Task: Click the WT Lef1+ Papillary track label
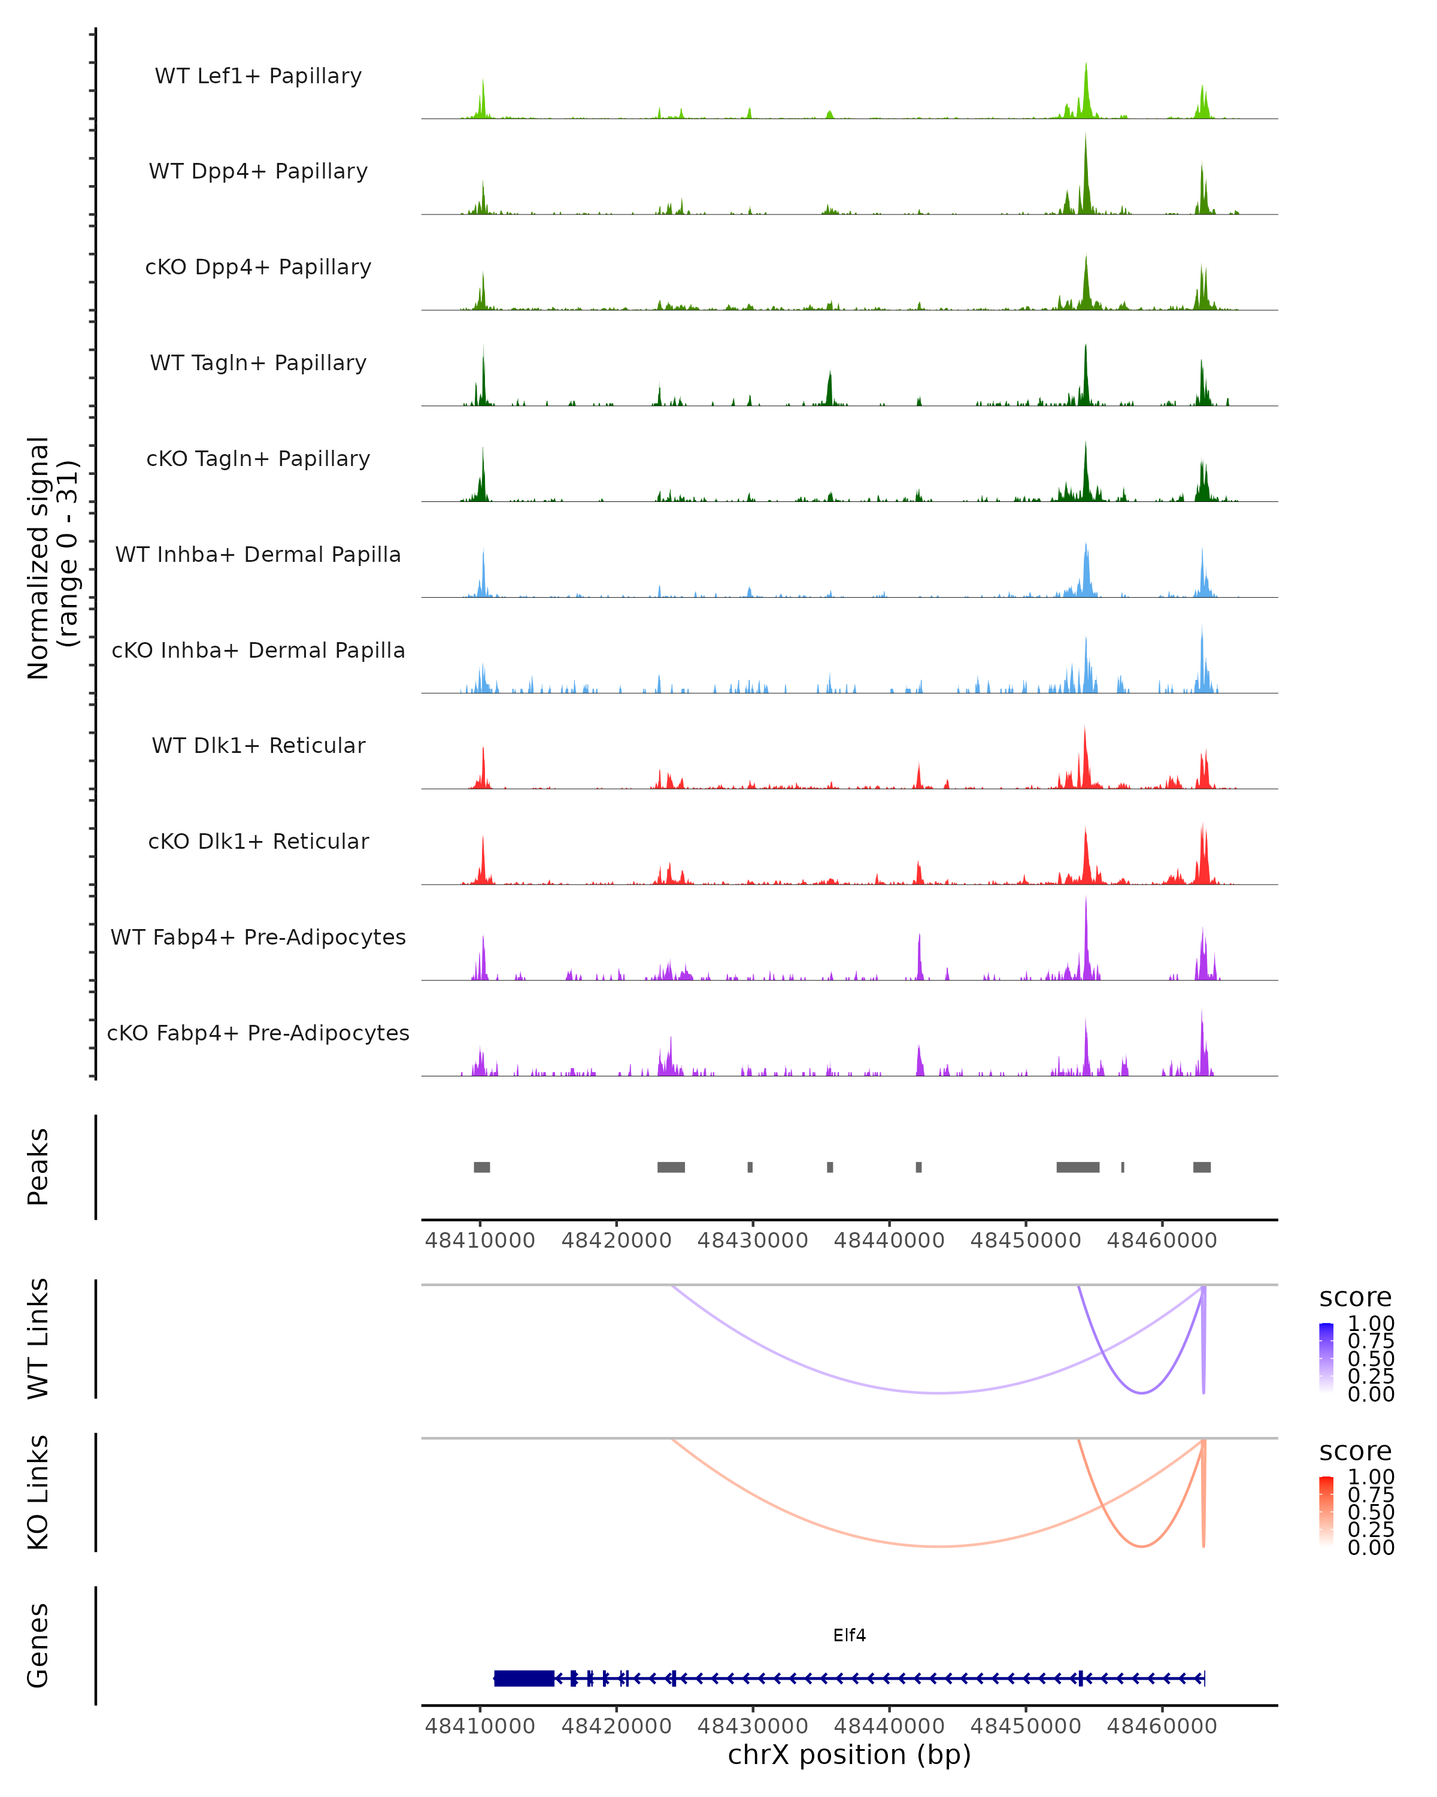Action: tap(258, 76)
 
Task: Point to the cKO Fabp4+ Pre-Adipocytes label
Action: tap(258, 1033)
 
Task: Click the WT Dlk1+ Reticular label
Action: tap(258, 745)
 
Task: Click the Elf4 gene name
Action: tap(849, 1635)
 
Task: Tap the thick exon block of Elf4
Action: tap(524, 1678)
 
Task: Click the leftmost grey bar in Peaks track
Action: tap(481, 1167)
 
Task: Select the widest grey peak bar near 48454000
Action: tap(1077, 1167)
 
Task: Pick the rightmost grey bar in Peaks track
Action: tap(1201, 1167)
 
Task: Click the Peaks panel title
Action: tap(38, 1167)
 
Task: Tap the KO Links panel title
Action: tap(38, 1492)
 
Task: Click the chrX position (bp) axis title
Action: tap(849, 1754)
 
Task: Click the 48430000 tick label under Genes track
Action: tap(752, 1725)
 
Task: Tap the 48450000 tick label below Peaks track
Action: tap(1026, 1241)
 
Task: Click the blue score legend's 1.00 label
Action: tap(1371, 1324)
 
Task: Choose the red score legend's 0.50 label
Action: tap(1371, 1512)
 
